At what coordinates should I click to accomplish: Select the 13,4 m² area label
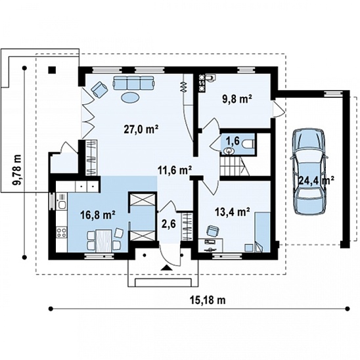(x=233, y=212)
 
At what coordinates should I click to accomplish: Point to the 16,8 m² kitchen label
(x=98, y=215)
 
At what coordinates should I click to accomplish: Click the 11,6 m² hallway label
(x=175, y=171)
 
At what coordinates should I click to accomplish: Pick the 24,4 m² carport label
(x=317, y=180)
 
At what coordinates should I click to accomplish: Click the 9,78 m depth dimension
(x=17, y=169)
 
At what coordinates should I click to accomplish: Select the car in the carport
(x=309, y=171)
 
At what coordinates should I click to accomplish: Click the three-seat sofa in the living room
(x=133, y=83)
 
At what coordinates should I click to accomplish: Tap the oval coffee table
(x=130, y=98)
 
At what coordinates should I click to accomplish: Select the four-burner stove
(x=61, y=232)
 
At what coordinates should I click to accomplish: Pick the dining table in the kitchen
(x=104, y=241)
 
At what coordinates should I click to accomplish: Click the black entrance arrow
(x=166, y=268)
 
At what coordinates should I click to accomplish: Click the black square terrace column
(x=52, y=70)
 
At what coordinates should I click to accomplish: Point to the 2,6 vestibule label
(x=169, y=224)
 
